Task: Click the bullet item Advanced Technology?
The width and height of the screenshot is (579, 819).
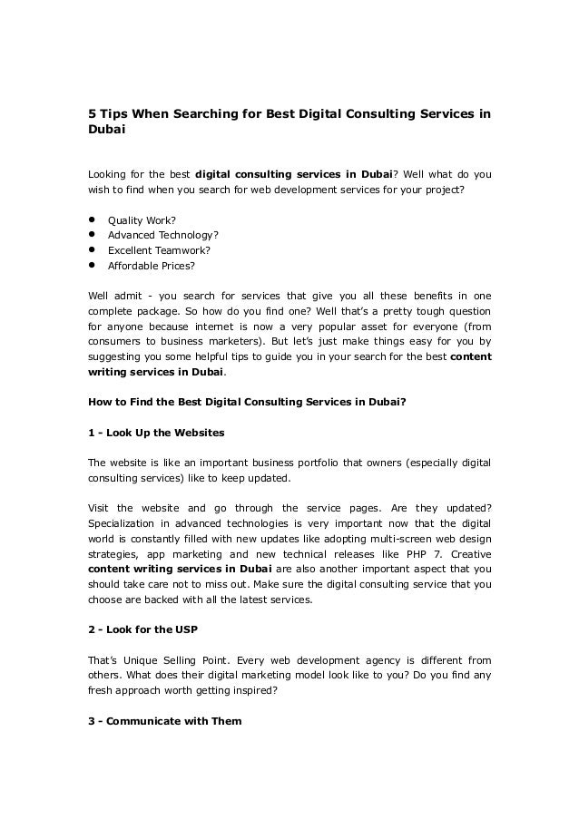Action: [x=163, y=236]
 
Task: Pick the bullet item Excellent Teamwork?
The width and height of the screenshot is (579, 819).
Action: [x=159, y=251]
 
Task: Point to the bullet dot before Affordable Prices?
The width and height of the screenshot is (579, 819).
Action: [x=92, y=266]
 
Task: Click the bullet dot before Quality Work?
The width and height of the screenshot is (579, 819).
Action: [x=92, y=220]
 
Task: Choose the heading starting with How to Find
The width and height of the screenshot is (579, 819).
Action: [x=245, y=402]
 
